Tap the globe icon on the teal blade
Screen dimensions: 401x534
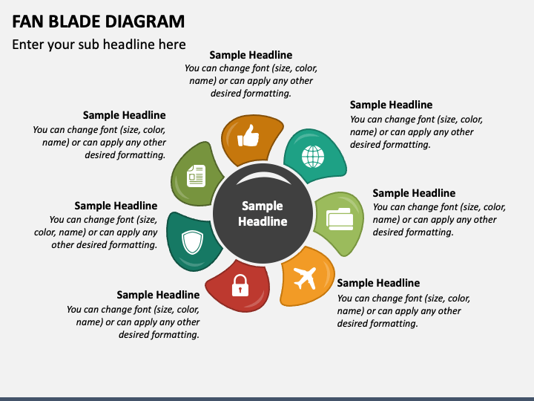312,157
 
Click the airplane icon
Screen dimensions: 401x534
305,278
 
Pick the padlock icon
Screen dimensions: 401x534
240,285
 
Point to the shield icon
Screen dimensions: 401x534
192,241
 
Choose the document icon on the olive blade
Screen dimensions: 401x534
196,175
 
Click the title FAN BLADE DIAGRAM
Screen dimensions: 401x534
99,21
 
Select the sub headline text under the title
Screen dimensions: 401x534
99,45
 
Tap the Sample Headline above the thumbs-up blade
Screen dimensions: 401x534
251,55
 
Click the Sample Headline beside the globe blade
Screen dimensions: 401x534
391,105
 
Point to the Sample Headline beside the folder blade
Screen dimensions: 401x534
414,193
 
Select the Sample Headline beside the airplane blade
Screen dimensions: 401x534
378,283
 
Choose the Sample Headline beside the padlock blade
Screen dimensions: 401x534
158,295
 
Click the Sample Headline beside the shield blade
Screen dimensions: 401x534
116,206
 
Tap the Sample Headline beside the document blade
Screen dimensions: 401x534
124,115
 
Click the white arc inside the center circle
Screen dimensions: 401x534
262,177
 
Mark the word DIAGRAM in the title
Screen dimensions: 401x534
139,21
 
